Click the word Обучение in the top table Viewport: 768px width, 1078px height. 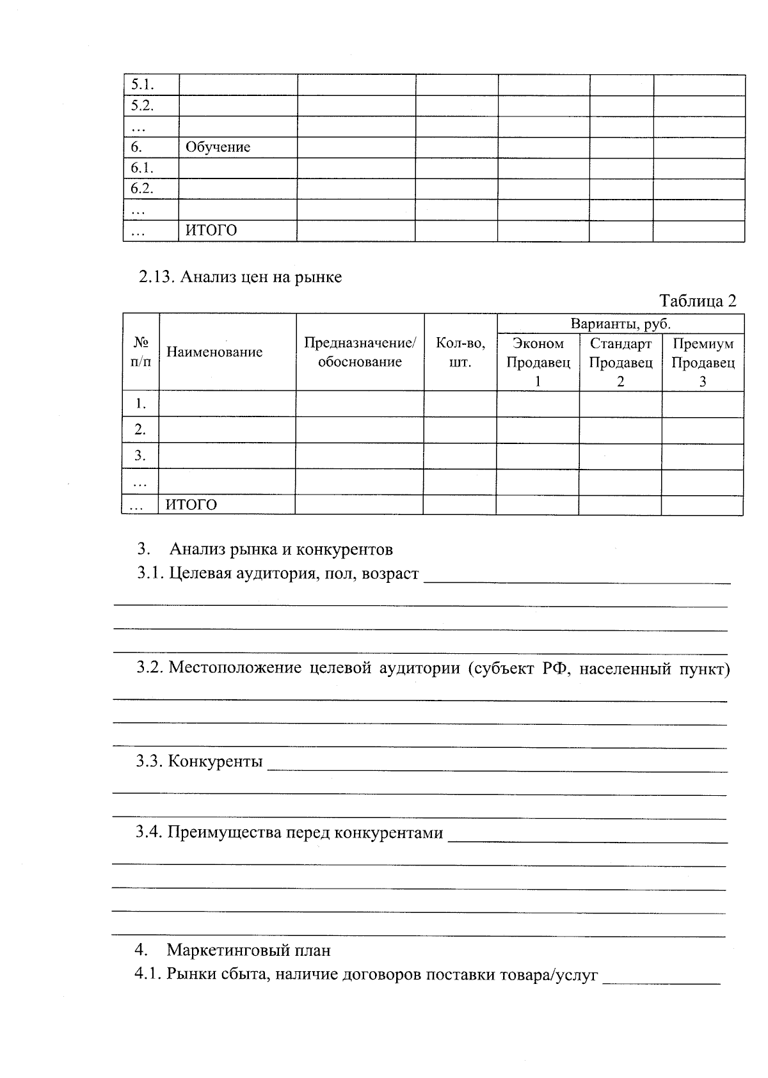pyautogui.click(x=218, y=147)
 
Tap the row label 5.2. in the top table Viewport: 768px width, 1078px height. pyautogui.click(x=142, y=106)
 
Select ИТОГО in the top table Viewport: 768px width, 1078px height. pyautogui.click(x=211, y=230)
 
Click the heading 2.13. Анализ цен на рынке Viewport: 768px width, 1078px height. pyautogui.click(x=241, y=277)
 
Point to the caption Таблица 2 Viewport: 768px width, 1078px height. pyautogui.click(x=698, y=301)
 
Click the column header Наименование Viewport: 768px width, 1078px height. pyautogui.click(x=214, y=352)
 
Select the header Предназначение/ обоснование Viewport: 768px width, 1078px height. pyautogui.click(x=360, y=353)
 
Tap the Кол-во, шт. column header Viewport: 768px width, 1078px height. pyautogui.click(x=460, y=353)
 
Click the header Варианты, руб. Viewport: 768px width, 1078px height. pyautogui.click(x=620, y=324)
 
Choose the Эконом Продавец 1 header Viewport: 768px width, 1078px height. pyautogui.click(x=538, y=362)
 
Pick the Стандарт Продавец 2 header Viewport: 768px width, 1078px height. pyautogui.click(x=620, y=362)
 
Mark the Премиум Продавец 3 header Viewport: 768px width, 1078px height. pyautogui.click(x=703, y=362)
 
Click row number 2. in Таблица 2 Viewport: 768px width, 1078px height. pyautogui.click(x=140, y=430)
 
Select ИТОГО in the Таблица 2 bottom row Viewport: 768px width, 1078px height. pyautogui.click(x=191, y=505)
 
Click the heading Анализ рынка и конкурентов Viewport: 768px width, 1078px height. pyautogui.click(x=281, y=549)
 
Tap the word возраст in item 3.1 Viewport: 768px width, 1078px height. pyautogui.click(x=390, y=573)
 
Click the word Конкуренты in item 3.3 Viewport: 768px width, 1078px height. pyautogui.click(x=215, y=761)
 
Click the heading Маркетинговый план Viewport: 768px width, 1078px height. pyautogui.click(x=248, y=950)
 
